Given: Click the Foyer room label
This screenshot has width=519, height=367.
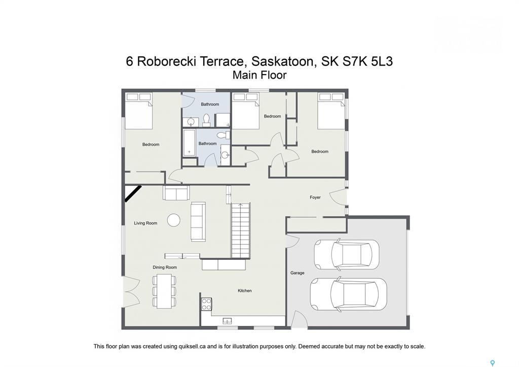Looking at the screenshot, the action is (315, 197).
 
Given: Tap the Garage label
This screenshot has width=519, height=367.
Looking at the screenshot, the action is (297, 273).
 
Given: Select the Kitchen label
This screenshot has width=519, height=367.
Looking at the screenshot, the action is (245, 290).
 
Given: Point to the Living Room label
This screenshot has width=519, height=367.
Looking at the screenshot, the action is (145, 223).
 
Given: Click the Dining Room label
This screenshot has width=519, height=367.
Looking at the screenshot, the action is (165, 267).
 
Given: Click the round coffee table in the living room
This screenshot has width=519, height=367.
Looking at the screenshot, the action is (174, 220).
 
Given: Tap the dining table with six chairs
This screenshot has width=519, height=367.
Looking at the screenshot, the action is (164, 291).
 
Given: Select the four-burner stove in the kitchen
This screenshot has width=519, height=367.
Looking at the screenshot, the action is (206, 304).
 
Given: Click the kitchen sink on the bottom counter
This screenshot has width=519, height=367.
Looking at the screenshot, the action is (227, 321).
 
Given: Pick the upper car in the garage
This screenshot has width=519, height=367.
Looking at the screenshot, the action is (346, 254).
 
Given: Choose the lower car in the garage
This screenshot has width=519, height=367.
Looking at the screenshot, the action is (348, 295).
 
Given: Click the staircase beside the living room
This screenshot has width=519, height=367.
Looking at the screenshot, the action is (241, 231).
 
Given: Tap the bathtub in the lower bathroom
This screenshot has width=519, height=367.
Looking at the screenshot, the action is (190, 143).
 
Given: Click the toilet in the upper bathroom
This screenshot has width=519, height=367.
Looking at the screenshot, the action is (207, 120).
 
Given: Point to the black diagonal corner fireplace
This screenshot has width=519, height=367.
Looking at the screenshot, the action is (133, 193).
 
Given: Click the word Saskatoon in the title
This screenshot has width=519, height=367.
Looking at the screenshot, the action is (282, 61).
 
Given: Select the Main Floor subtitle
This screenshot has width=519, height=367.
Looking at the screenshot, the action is (259, 75).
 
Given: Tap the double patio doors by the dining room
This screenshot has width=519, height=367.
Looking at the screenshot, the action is (132, 290).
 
